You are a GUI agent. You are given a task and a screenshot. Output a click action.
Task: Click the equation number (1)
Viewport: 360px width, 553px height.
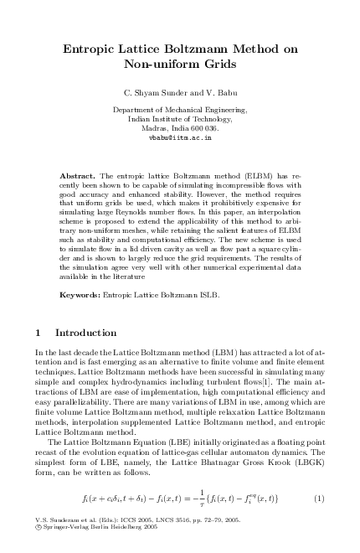pyautogui.click(x=319, y=499)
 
